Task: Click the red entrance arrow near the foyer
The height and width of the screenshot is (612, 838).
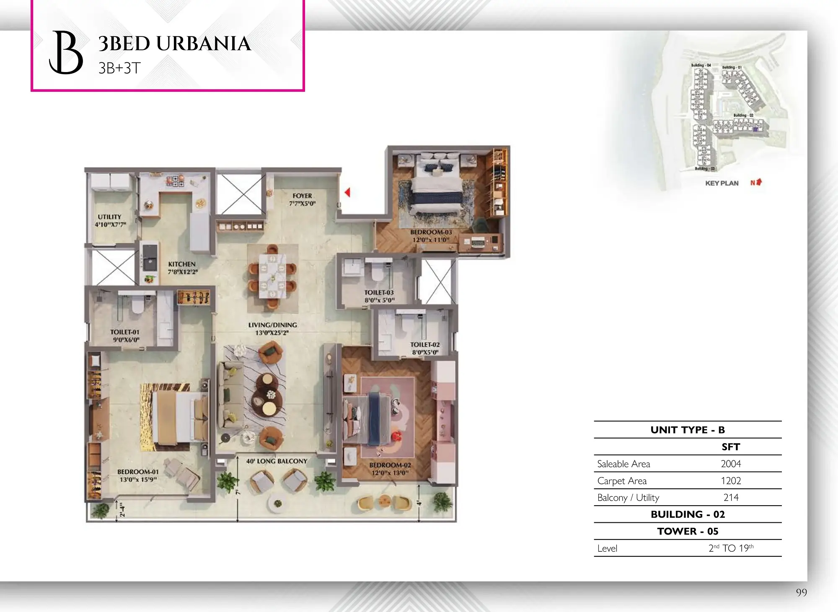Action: pyautogui.click(x=347, y=192)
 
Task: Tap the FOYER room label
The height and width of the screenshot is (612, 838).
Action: pyautogui.click(x=302, y=196)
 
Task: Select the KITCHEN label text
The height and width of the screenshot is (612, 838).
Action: pyautogui.click(x=182, y=264)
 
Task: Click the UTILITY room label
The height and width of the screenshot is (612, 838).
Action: pyautogui.click(x=109, y=217)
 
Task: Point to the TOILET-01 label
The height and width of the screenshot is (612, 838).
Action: pyautogui.click(x=125, y=332)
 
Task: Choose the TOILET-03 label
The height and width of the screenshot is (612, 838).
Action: pyautogui.click(x=379, y=292)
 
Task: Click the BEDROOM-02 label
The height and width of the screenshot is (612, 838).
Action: pyautogui.click(x=390, y=465)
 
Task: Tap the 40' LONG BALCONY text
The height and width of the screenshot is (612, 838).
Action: pyautogui.click(x=277, y=461)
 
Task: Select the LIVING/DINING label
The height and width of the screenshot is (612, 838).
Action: pyautogui.click(x=272, y=325)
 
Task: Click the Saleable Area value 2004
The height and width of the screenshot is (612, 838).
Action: pyautogui.click(x=731, y=464)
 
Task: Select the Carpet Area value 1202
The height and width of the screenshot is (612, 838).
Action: pyautogui.click(x=731, y=480)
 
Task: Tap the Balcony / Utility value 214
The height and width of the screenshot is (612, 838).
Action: pyautogui.click(x=731, y=497)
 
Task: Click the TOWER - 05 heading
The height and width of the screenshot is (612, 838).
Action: pyautogui.click(x=688, y=531)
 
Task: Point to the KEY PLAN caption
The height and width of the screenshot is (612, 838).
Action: pyautogui.click(x=722, y=183)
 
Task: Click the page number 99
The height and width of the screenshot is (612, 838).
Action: pyautogui.click(x=801, y=592)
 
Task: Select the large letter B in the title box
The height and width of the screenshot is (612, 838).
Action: pyautogui.click(x=66, y=52)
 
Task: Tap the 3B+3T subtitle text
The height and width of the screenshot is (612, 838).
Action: pyautogui.click(x=119, y=68)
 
